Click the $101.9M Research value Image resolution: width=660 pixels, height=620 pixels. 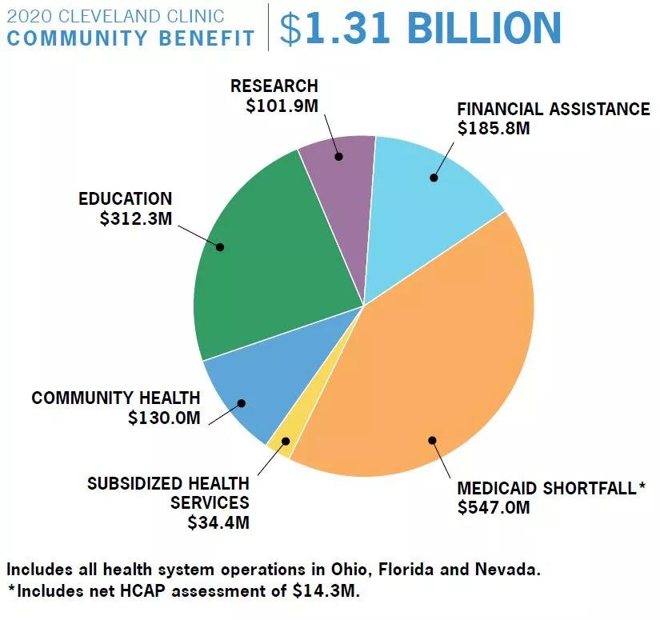tap(282, 106)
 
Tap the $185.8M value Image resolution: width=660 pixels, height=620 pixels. tap(494, 128)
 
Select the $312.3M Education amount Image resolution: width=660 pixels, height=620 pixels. tap(136, 218)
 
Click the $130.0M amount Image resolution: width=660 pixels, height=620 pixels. tap(164, 418)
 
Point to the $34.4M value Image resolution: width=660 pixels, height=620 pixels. tap(218, 522)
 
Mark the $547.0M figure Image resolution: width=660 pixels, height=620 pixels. tap(494, 507)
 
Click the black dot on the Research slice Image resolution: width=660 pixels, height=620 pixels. tap(339, 157)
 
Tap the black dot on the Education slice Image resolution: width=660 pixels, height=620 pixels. tap(220, 246)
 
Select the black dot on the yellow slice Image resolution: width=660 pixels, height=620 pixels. tap(286, 441)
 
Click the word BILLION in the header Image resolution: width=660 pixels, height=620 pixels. tap(485, 28)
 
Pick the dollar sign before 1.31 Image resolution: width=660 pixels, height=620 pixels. tap(291, 29)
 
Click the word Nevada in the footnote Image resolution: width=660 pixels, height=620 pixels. tap(508, 570)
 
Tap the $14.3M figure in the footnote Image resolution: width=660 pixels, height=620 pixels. tap(326, 590)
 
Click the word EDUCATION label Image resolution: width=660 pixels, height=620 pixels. tap(126, 198)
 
